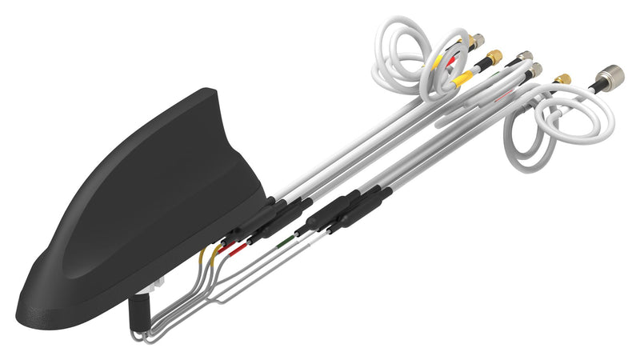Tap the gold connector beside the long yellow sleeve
point(494,57)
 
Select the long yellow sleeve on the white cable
point(464,77)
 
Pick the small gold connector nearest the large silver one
point(562,79)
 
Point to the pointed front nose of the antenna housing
point(24,308)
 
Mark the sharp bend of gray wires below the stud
point(144,336)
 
